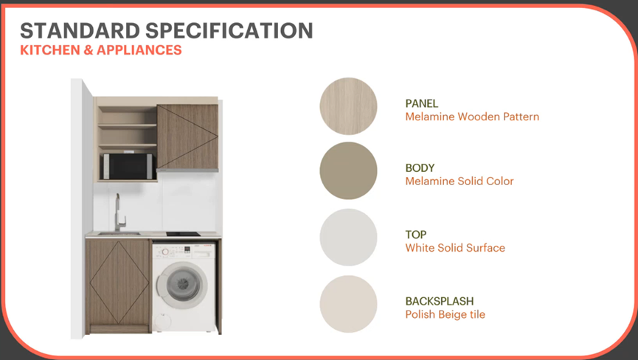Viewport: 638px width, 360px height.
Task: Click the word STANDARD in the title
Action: point(80,30)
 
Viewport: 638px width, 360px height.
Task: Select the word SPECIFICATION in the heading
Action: point(229,30)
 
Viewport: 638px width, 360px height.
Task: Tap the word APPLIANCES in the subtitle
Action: point(139,50)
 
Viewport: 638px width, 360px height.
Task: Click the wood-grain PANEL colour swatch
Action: point(348,106)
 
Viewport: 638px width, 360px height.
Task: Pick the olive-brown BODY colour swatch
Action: point(348,170)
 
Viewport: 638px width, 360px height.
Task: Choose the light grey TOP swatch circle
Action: point(348,237)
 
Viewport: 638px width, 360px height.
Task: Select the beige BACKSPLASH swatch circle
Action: point(348,304)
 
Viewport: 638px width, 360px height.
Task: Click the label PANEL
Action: point(422,103)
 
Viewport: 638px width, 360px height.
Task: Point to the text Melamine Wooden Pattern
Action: point(472,117)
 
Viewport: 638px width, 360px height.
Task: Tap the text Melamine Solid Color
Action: point(460,181)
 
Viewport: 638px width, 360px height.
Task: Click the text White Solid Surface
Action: point(455,248)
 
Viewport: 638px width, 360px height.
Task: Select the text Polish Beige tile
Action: point(445,314)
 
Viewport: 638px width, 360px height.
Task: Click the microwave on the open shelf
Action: point(128,167)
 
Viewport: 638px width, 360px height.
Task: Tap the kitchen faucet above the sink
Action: point(119,212)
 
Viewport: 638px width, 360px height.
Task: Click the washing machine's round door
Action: point(182,285)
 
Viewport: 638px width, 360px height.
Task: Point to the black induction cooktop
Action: point(183,234)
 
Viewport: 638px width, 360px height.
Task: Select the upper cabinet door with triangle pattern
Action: point(187,137)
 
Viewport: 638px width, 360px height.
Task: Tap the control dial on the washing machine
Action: point(166,252)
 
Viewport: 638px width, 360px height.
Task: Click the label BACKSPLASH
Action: point(440,301)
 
